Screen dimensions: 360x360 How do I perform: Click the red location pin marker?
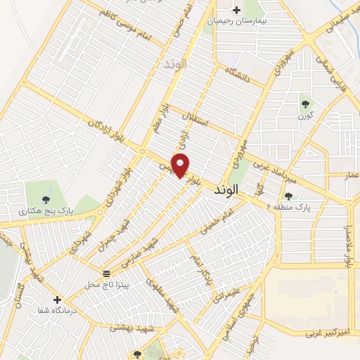pos(181,165)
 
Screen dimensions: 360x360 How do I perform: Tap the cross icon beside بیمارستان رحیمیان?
pos(236,11)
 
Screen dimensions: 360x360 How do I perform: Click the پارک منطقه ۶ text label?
pos(293,207)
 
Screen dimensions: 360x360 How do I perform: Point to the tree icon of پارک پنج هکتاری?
pos(47,200)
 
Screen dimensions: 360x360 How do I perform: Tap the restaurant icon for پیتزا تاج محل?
pos(106,273)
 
